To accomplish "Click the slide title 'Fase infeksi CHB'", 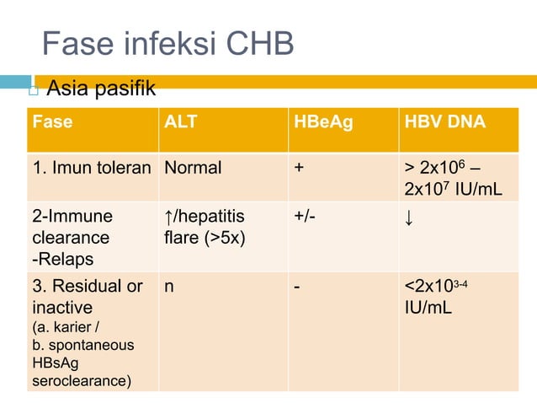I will coord(167,44).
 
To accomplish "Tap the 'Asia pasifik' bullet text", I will coord(100,88).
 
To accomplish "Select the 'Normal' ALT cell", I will coord(193,167).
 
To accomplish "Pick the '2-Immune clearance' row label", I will coord(71,228).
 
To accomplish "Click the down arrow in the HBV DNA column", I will coord(409,218).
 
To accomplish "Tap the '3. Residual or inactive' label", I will coord(88,295).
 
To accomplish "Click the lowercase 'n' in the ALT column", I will coord(170,286).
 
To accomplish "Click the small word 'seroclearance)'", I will coord(82,382).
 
